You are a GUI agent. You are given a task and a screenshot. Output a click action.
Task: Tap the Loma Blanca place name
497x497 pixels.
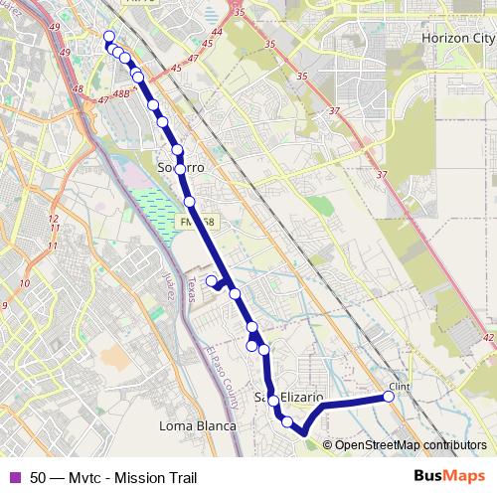tap(198, 426)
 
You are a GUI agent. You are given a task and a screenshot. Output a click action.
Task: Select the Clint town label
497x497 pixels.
tap(400, 387)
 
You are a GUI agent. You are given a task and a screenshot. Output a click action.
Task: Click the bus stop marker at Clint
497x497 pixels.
tap(389, 397)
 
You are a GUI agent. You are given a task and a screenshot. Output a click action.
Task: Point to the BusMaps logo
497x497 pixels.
tap(450, 476)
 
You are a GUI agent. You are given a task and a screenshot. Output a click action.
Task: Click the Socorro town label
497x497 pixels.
tap(181, 169)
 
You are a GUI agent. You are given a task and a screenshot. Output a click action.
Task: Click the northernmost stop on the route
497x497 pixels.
tap(108, 37)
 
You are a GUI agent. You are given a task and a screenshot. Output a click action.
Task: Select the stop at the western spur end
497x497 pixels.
tap(211, 281)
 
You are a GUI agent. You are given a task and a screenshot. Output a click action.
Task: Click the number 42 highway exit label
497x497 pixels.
tap(488, 338)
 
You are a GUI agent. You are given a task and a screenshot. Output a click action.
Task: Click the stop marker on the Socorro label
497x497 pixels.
tap(180, 169)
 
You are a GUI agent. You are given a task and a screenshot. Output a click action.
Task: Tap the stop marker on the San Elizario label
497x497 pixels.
tap(272, 400)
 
